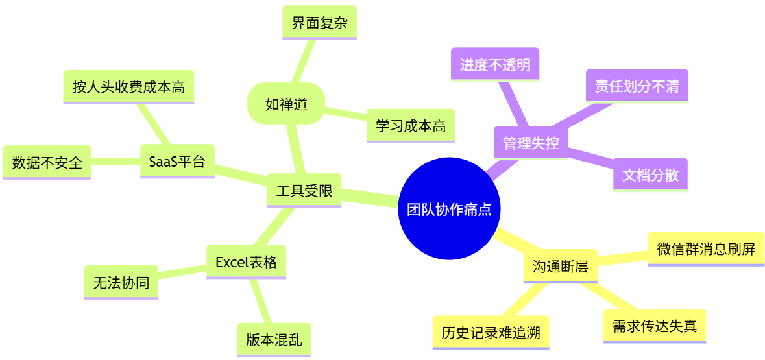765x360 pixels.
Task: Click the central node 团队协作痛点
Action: tap(449, 209)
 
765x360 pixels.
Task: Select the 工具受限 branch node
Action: tap(304, 191)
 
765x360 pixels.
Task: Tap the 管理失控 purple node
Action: tap(531, 143)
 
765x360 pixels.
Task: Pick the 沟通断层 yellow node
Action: tap(560, 267)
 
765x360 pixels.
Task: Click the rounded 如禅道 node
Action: tap(286, 104)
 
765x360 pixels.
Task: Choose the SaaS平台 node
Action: tap(177, 161)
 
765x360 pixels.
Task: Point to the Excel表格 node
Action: tap(246, 262)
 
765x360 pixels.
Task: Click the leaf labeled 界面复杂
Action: tap(319, 23)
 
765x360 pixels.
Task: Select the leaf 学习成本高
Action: tap(411, 126)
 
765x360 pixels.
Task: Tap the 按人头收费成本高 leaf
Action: tap(128, 87)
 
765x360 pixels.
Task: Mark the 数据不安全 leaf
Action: tap(47, 162)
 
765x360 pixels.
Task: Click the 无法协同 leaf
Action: tap(121, 282)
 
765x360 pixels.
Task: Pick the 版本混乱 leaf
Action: tap(274, 340)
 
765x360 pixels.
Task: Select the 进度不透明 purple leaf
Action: tap(495, 64)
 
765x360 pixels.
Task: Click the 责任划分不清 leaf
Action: tap(637, 86)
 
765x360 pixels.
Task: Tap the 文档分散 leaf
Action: tap(650, 174)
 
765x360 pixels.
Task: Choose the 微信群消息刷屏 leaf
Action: tap(706, 248)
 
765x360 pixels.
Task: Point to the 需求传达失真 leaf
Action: tap(654, 326)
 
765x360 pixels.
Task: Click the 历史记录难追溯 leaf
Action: tap(491, 333)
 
